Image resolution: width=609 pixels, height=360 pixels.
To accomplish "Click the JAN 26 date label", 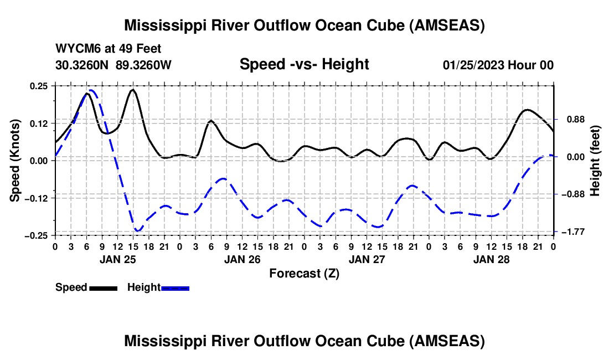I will click(x=242, y=259).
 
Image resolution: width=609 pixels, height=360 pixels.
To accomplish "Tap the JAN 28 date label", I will click(x=491, y=259).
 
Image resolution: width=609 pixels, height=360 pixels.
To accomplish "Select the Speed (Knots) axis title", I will click(x=16, y=160).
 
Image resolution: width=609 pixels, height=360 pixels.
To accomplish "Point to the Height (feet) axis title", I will click(x=595, y=160).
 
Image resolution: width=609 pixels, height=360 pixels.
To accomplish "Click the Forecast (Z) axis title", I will click(x=304, y=273).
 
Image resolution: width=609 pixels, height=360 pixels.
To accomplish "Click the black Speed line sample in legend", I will click(x=103, y=288).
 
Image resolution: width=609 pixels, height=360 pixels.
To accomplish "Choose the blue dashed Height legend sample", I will click(x=175, y=288).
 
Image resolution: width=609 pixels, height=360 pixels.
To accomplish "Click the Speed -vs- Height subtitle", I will click(x=304, y=64).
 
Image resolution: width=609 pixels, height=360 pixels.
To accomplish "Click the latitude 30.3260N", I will click(x=83, y=65).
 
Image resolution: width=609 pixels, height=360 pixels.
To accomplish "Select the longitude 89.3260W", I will click(x=143, y=65).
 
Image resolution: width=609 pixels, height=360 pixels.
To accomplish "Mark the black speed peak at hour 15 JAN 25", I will click(x=133, y=90).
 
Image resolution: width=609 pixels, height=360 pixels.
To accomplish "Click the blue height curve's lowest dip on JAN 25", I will click(x=137, y=230).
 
